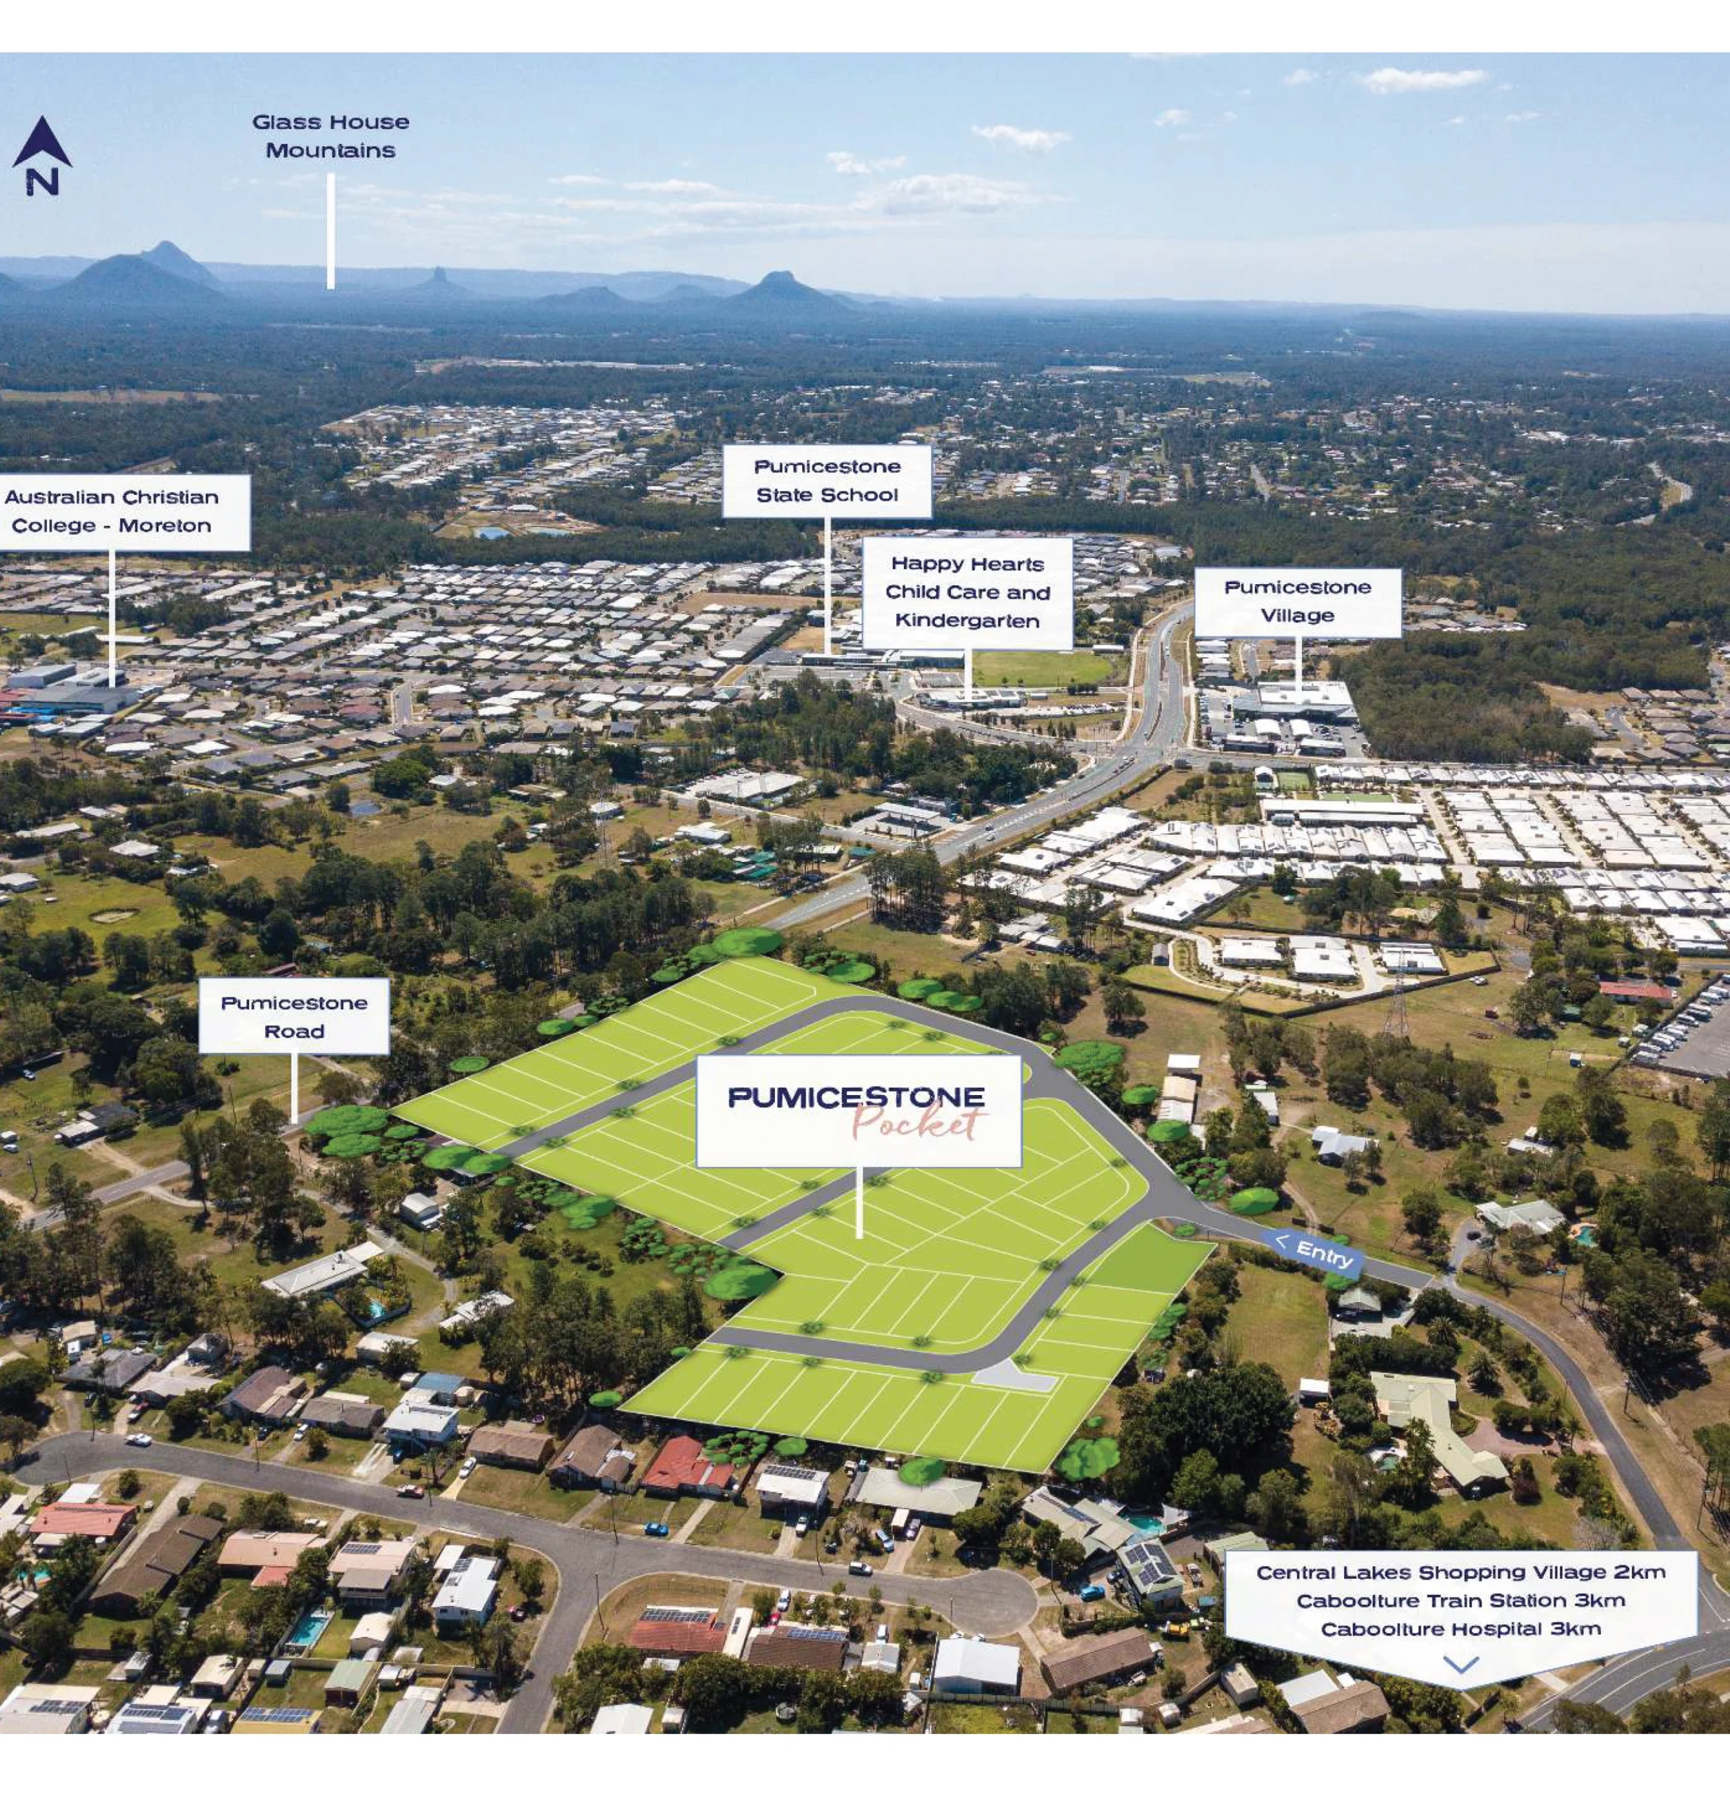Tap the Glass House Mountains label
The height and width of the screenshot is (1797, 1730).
point(331,135)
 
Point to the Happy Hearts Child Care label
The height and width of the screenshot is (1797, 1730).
point(967,592)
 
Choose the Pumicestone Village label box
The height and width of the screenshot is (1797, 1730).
point(1297,602)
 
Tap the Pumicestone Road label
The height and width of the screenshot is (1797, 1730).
point(294,1016)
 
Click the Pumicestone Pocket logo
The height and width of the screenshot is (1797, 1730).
point(858,1110)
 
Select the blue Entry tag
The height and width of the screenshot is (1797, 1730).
point(1313,1252)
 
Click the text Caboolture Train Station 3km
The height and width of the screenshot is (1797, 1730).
point(1460,1600)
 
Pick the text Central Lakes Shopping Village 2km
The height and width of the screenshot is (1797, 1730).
point(1460,1572)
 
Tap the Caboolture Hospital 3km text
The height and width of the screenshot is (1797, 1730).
point(1460,1629)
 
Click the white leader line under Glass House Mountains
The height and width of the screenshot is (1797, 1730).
point(331,231)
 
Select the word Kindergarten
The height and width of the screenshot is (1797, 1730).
point(967,621)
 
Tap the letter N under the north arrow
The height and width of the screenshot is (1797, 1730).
point(42,183)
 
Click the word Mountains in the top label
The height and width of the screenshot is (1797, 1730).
point(331,150)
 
